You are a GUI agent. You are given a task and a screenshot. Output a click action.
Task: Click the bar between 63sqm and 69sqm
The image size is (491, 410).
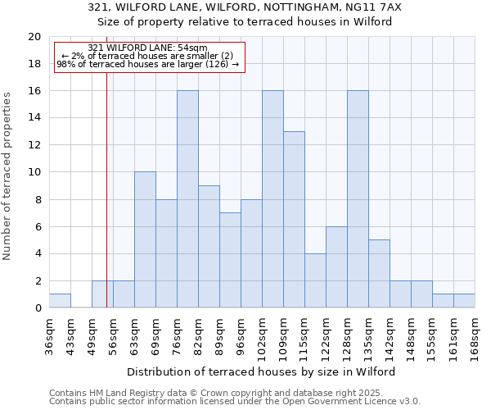coord(145,239)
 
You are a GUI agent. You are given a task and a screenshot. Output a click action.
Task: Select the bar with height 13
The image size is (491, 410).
coord(294,220)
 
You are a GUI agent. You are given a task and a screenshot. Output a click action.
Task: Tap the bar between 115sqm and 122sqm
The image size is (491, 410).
coord(315,280)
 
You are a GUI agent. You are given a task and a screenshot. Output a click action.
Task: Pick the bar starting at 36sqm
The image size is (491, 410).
coord(60,301)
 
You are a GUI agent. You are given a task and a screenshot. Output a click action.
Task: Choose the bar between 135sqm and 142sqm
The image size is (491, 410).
coord(379,274)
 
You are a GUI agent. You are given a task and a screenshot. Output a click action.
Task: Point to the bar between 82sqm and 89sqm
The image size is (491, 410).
coord(209,247)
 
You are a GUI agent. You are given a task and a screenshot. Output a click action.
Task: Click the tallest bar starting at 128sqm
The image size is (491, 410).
coord(358,199)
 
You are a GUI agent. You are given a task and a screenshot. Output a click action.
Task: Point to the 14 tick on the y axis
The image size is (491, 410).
coord(34,118)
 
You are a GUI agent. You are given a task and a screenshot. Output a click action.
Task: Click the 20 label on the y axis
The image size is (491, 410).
coord(34,37)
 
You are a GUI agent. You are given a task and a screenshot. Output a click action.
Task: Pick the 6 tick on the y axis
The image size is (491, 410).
coord(38,227)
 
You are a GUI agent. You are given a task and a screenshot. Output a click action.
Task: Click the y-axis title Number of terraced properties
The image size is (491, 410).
coord(8,175)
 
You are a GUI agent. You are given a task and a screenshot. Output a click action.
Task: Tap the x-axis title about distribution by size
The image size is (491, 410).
coord(262,371)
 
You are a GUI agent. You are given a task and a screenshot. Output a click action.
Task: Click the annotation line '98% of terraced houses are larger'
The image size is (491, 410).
coord(148,64)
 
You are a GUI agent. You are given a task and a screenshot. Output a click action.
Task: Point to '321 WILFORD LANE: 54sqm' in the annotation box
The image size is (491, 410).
coord(148,48)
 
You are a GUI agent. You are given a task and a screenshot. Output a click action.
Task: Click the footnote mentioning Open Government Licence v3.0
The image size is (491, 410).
coord(235,402)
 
